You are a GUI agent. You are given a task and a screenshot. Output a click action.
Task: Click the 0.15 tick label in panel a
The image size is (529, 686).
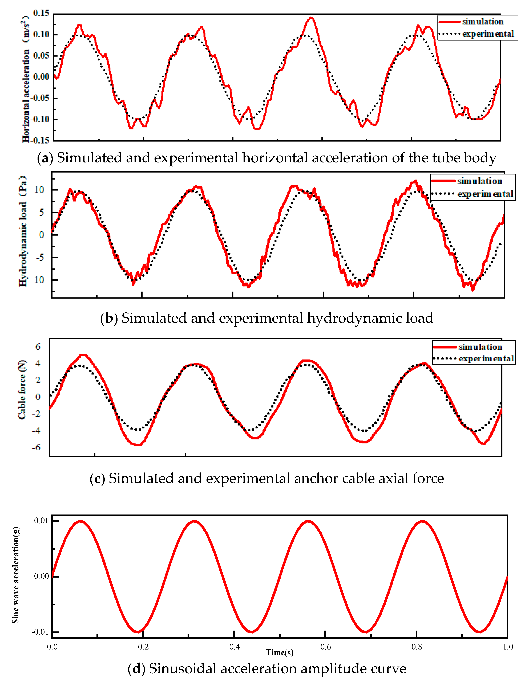41,13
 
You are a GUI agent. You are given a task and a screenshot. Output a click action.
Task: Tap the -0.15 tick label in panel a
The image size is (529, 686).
40,140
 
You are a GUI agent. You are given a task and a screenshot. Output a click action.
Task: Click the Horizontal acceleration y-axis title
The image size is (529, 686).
26,79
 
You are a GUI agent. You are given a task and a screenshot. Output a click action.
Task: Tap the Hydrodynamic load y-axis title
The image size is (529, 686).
23,231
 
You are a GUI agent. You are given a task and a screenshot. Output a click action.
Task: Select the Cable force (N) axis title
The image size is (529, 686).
22,390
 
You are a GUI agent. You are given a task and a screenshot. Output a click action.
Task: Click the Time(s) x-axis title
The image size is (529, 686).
279,653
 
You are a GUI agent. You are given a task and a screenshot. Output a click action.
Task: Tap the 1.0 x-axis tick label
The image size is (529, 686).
508,647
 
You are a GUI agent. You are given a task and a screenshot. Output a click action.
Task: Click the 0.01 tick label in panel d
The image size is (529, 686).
41,521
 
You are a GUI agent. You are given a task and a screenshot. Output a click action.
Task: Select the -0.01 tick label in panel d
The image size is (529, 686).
40,632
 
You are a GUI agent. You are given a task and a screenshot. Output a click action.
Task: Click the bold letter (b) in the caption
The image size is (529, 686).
109,318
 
